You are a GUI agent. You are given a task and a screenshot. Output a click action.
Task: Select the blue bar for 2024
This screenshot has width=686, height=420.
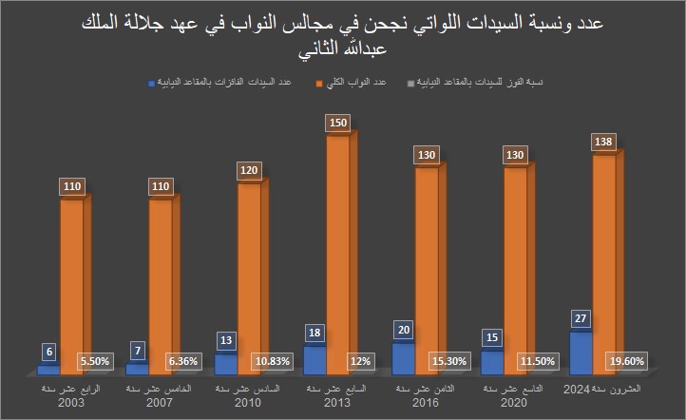point(581,353)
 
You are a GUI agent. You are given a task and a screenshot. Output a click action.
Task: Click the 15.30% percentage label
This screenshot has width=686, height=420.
point(450,360)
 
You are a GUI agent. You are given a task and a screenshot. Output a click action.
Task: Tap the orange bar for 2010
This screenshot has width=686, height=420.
point(249,276)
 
